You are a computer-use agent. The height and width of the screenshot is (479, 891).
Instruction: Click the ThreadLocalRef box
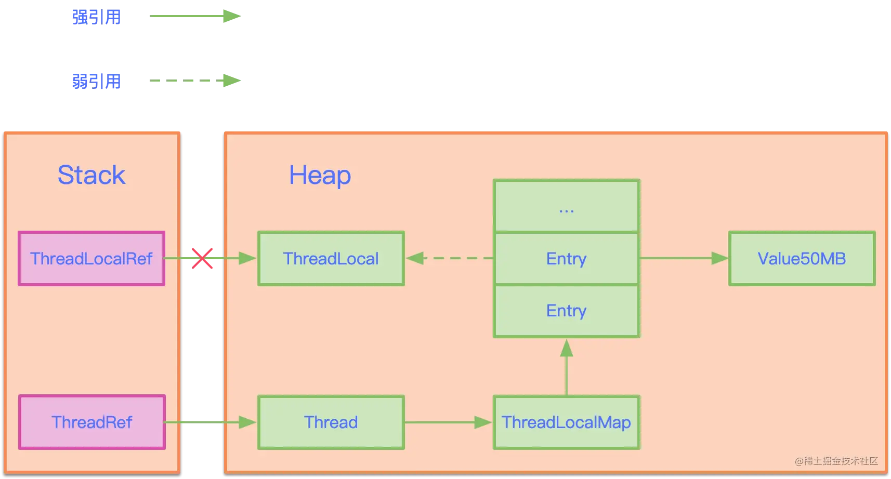coord(91,258)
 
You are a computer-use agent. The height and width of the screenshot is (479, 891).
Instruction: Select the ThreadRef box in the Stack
coord(92,422)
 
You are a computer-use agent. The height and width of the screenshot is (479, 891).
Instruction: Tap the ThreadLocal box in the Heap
coord(331,258)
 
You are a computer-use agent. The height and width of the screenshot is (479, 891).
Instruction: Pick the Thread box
coord(331,422)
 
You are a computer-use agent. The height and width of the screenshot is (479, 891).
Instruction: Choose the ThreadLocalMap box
coord(567,422)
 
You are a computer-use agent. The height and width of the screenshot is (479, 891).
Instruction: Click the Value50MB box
coord(802,258)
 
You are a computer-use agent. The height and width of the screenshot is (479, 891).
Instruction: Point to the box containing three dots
coord(567,206)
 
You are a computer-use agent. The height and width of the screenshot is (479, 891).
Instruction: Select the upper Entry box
coord(567,258)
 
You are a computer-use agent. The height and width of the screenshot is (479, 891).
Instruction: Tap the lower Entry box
coord(567,311)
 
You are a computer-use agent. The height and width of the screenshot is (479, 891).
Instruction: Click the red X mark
coord(202,258)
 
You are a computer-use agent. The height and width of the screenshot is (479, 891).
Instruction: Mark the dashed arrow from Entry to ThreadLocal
coord(450,258)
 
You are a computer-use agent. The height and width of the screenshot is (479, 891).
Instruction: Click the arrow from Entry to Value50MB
coord(684,258)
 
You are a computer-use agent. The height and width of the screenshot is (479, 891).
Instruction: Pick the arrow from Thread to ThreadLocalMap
coord(448,422)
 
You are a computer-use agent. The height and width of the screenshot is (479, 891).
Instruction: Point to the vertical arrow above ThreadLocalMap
coord(567,367)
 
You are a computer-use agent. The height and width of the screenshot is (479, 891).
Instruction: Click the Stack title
coord(91,175)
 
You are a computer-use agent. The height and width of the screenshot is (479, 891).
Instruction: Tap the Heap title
coord(320,175)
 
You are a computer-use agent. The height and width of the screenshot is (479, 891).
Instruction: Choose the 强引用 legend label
coord(96,17)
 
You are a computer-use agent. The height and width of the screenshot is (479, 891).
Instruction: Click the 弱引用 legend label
coord(96,82)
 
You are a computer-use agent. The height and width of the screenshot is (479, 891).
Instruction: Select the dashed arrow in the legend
coord(195,81)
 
